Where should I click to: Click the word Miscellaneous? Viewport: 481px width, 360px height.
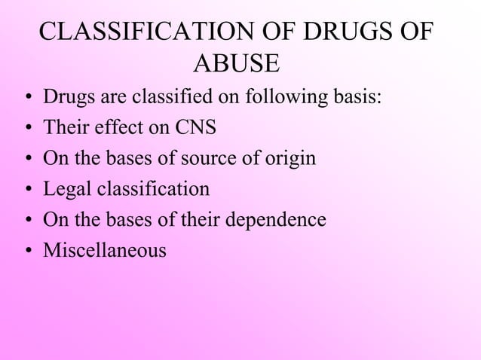tap(105, 249)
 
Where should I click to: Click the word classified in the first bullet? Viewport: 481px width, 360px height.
tap(171, 98)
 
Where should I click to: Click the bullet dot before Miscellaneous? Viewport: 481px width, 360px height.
tap(27, 250)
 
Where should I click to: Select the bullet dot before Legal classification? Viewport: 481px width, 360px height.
tap(27, 190)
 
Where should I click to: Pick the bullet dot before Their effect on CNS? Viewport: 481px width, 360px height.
tap(27, 129)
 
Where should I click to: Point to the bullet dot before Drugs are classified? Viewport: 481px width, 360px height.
tap(27, 99)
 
